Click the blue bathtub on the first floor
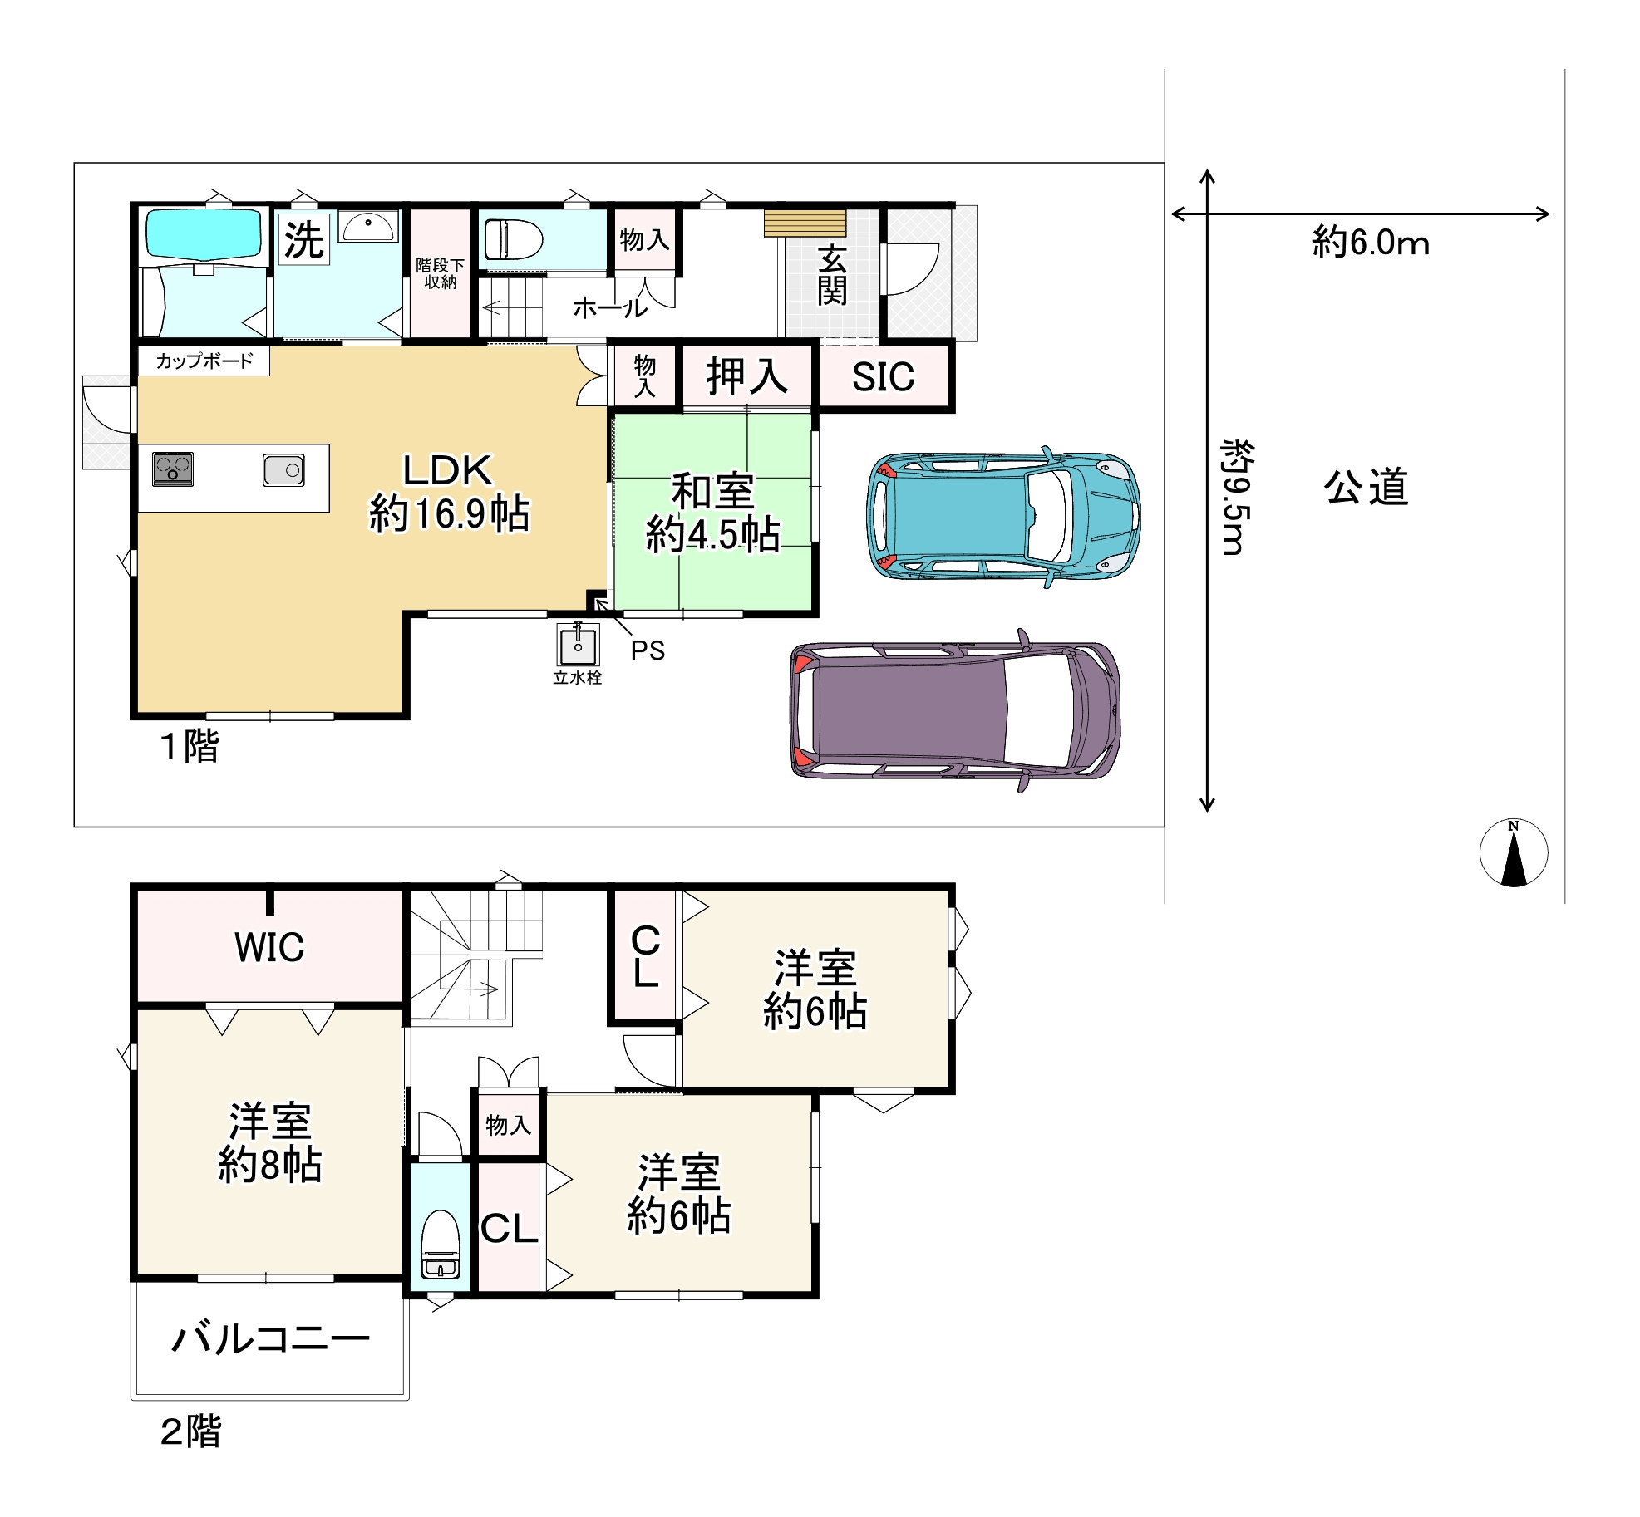click(204, 233)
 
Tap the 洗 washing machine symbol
click(303, 239)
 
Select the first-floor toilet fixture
click(513, 239)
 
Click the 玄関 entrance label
click(832, 276)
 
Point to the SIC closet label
click(883, 377)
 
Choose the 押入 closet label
click(746, 376)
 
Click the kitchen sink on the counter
click(283, 469)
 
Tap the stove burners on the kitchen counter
click(173, 469)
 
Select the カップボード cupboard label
click(204, 361)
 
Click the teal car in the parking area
click(1003, 517)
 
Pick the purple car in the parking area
click(955, 710)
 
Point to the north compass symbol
click(1514, 853)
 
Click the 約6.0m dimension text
click(1371, 243)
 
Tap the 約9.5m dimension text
click(1236, 498)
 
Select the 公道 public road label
click(1366, 487)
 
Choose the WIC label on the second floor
click(269, 947)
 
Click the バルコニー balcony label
click(270, 1339)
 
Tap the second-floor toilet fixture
click(440, 1244)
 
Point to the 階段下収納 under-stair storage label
click(440, 273)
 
